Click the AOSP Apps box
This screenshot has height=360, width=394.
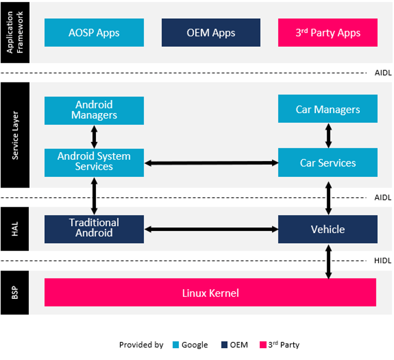pyautogui.click(x=94, y=33)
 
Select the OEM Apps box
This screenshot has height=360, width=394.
pyautogui.click(x=211, y=33)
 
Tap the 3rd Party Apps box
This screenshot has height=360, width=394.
pyautogui.click(x=328, y=33)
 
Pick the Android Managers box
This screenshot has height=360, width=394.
pyautogui.click(x=94, y=110)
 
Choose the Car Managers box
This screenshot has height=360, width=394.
pyautogui.click(x=328, y=109)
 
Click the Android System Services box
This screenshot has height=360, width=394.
pyautogui.click(x=94, y=162)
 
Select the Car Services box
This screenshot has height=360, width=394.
pyautogui.click(x=328, y=163)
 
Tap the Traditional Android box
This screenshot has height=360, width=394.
pyautogui.click(x=94, y=228)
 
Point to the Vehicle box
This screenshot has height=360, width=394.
pyautogui.click(x=328, y=229)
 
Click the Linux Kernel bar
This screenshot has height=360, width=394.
pyautogui.click(x=210, y=292)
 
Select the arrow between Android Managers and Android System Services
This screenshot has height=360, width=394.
pyautogui.click(x=94, y=137)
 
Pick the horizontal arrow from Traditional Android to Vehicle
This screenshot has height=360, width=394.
pyautogui.click(x=211, y=229)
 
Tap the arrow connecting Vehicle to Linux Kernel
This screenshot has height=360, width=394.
pyautogui.click(x=328, y=261)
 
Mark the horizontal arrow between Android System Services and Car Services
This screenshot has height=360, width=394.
pyautogui.click(x=211, y=163)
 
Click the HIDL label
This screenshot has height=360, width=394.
pyautogui.click(x=383, y=261)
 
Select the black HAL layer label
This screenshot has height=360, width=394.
pyautogui.click(x=15, y=229)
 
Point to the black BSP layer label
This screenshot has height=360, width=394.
pyautogui.click(x=15, y=292)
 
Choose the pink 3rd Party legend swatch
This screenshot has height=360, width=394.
pyautogui.click(x=262, y=344)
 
